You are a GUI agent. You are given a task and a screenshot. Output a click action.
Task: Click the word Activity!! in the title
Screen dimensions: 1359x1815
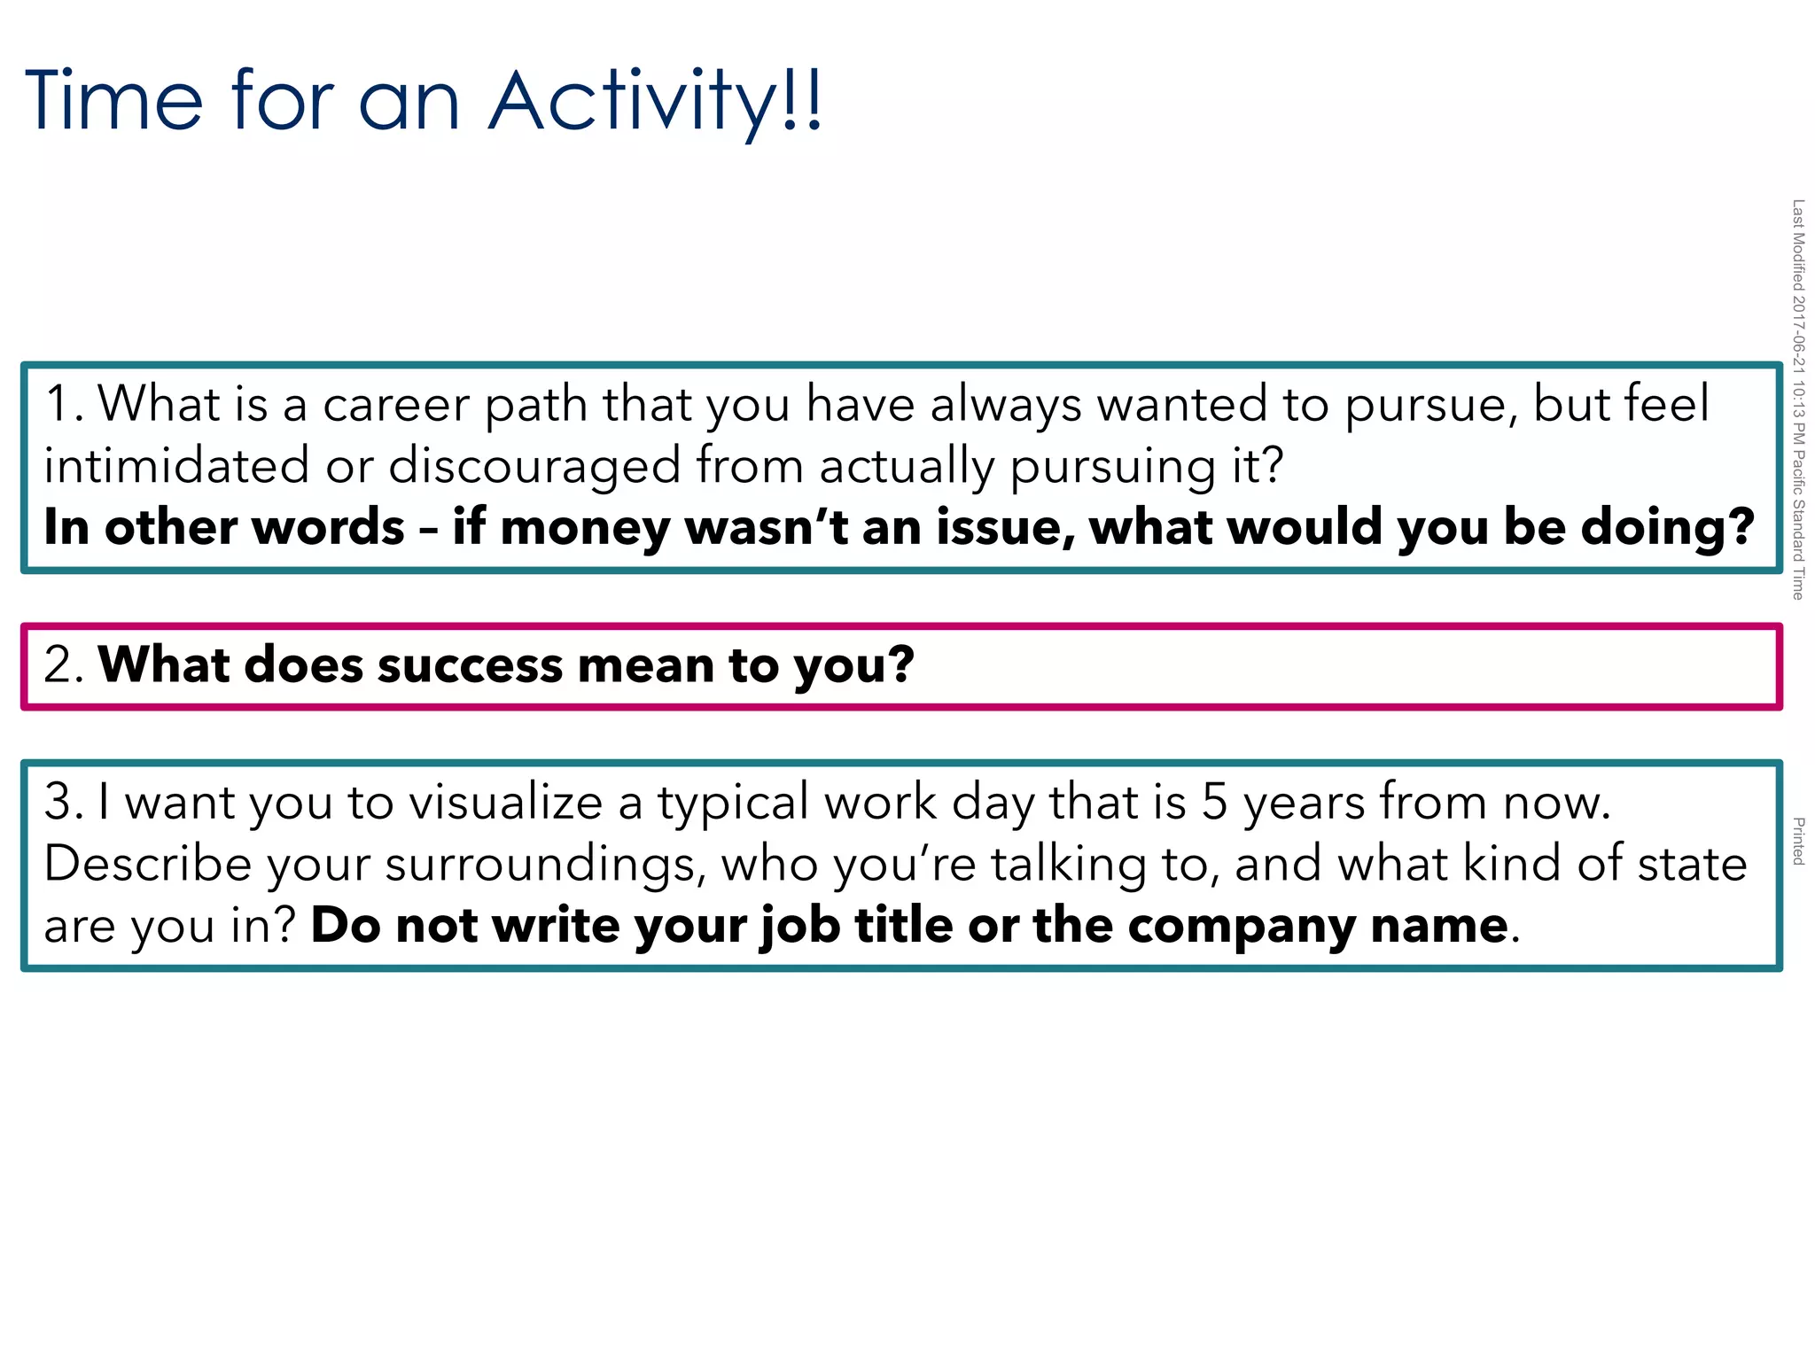[x=656, y=102]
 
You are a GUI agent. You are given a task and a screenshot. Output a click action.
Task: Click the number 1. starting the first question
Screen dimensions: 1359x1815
[x=64, y=404]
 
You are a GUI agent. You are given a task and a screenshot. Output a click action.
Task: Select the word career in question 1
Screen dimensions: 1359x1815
[x=395, y=404]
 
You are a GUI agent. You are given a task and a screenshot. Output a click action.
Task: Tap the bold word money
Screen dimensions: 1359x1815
[x=585, y=528]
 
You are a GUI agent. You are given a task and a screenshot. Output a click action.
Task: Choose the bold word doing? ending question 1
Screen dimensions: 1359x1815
[x=1667, y=528]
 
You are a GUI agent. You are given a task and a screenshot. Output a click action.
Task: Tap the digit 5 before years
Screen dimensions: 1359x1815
[x=1215, y=803]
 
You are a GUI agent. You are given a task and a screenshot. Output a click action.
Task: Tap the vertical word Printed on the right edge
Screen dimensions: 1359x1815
[x=1798, y=841]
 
